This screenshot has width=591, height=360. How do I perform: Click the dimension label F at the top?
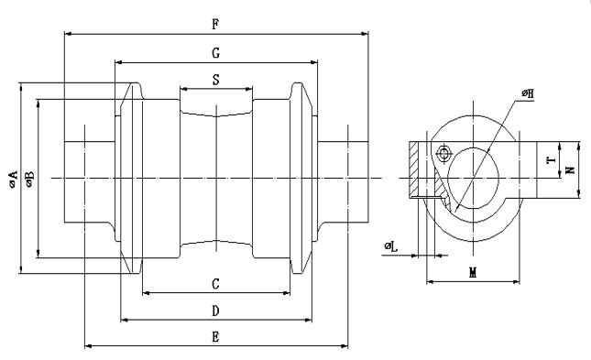[x=215, y=25]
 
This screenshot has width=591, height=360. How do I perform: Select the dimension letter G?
[x=215, y=53]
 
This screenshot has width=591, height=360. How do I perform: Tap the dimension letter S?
[x=215, y=80]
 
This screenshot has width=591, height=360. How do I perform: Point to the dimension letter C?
[x=215, y=283]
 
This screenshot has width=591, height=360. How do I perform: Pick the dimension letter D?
[x=215, y=311]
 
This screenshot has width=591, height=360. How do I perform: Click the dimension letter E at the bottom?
[x=215, y=336]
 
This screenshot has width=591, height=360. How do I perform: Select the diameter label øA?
[x=13, y=179]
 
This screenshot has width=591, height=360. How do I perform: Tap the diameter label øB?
[x=29, y=179]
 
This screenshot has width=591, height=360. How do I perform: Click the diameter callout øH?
[x=528, y=93]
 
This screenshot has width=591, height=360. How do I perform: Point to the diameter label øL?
[x=391, y=247]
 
